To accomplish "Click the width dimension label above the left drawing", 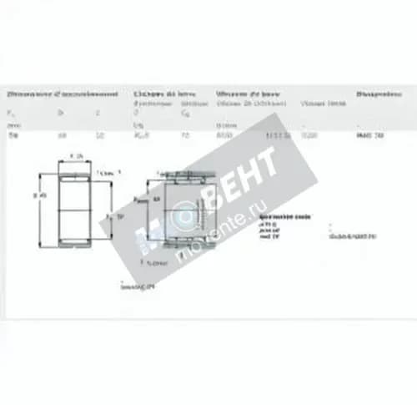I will pos(77,156).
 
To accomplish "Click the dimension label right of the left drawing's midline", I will pos(119,215).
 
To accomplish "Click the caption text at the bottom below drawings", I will pos(138,286).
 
